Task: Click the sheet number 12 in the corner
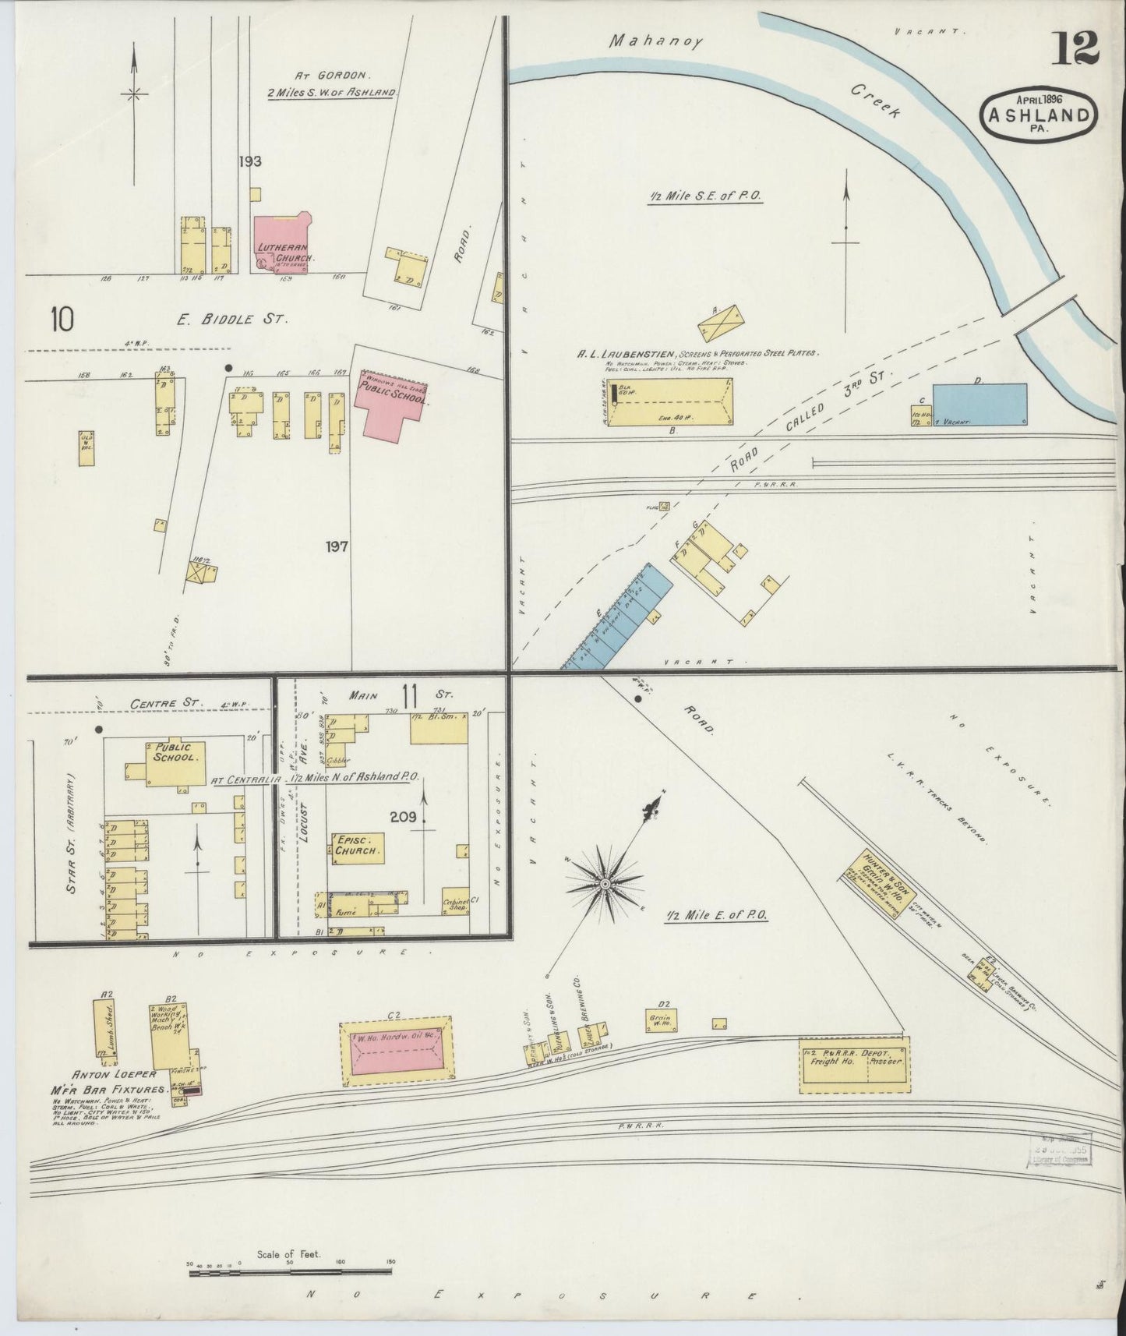(1078, 50)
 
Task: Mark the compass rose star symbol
(604, 884)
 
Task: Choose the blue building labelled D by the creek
(979, 404)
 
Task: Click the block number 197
(337, 546)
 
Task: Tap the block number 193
(250, 162)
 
